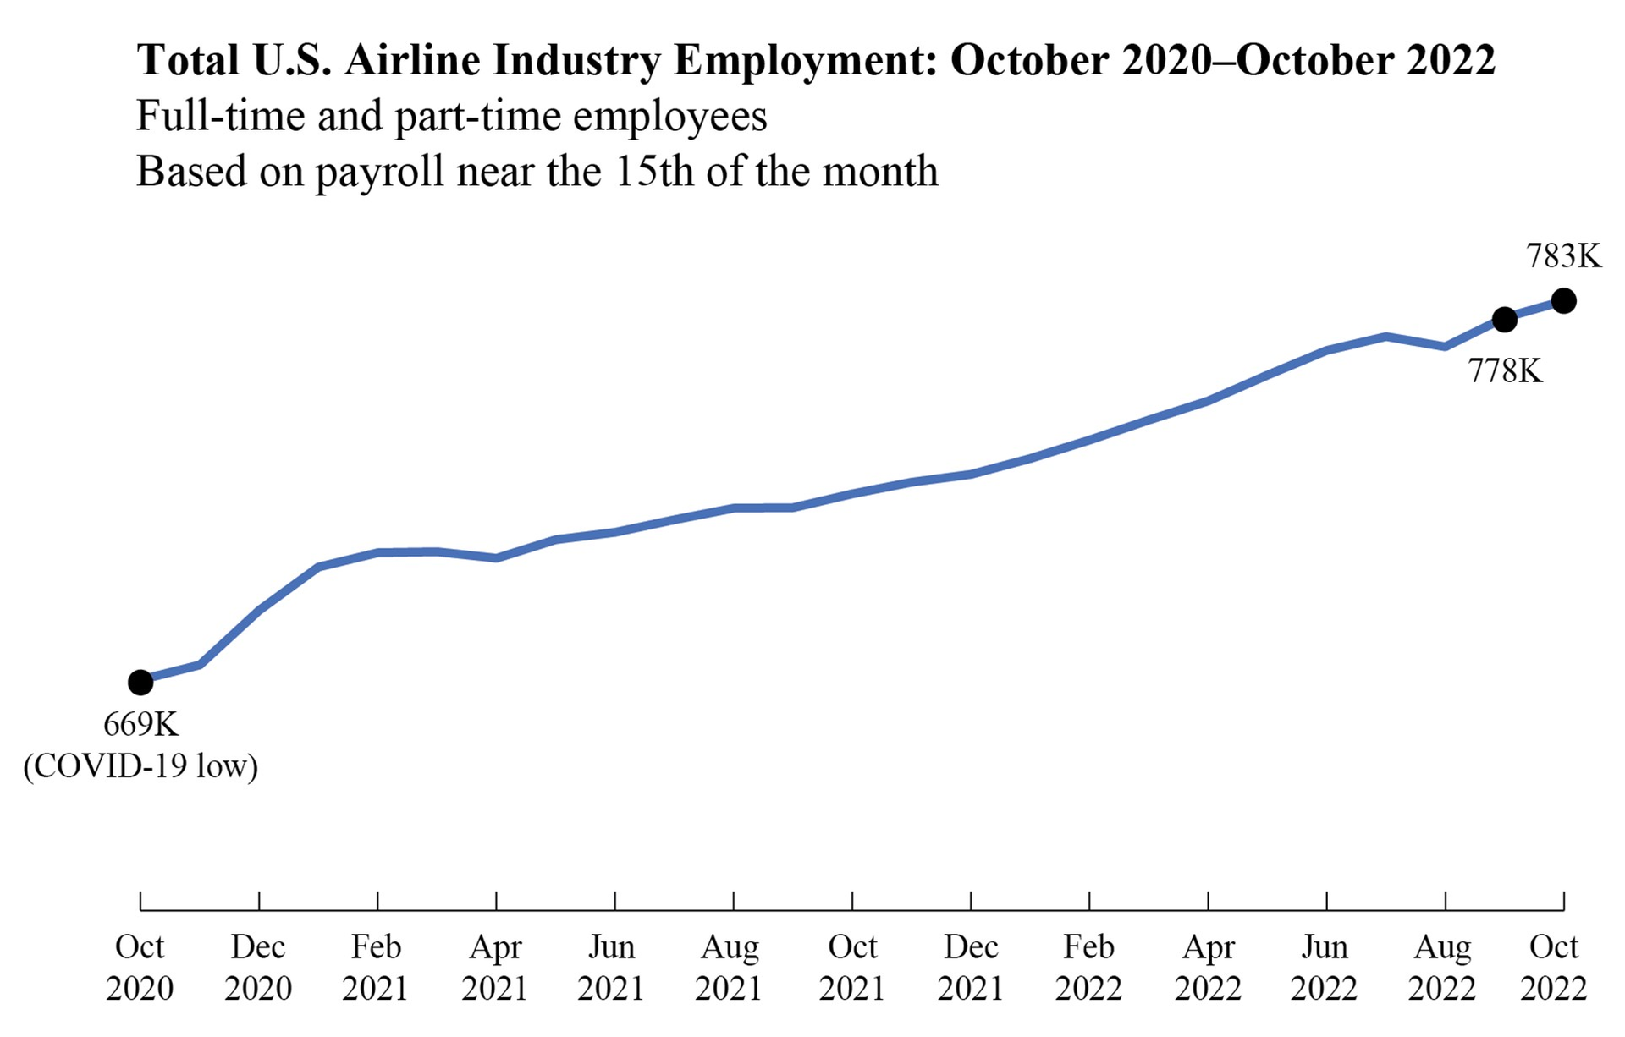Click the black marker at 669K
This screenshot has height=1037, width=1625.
coord(140,682)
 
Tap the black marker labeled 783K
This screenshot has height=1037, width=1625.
coord(1563,300)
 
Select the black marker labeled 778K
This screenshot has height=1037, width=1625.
coord(1504,320)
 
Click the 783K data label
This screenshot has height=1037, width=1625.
coord(1564,255)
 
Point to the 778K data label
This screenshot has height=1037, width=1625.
coord(1506,370)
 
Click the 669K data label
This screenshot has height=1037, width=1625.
coord(140,724)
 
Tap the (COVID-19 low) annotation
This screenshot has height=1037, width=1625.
coord(140,766)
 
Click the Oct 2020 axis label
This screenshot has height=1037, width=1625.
coord(140,967)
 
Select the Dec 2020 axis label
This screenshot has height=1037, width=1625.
coord(258,967)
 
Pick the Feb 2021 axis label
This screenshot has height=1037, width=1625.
coord(376,967)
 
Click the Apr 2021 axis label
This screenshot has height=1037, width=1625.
coord(495,967)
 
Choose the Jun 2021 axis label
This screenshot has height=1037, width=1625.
coord(612,967)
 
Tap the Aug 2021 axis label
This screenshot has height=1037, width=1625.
coord(730,967)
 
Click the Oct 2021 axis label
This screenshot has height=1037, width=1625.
coord(852,967)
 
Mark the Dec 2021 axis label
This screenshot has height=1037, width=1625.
coord(971,967)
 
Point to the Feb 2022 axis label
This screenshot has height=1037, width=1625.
coord(1088,967)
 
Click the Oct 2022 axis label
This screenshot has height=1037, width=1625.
coord(1554,967)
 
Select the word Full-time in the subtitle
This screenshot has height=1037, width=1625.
coord(220,116)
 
